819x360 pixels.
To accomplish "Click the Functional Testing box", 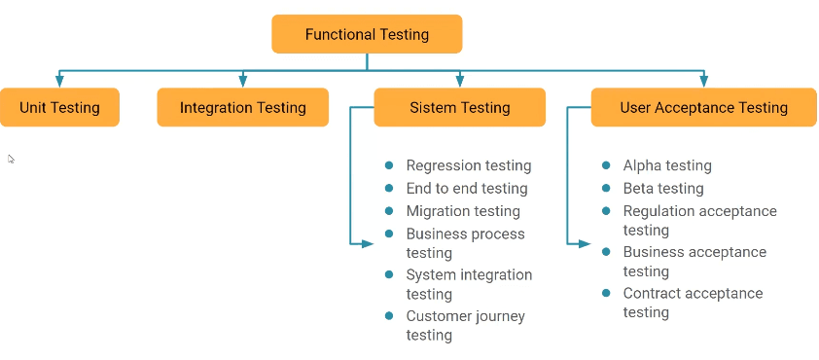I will point(367,34).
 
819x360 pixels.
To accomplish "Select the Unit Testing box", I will point(59,107).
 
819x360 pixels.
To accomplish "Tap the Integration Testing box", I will point(242,107).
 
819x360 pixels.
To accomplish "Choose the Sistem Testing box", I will point(459,107).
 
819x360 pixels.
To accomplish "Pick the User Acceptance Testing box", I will point(703,107).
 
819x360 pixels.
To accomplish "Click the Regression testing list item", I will point(468,165).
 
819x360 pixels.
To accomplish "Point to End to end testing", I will point(466,188).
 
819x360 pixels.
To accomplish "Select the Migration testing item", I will point(462,211).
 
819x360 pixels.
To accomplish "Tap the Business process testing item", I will point(465,243).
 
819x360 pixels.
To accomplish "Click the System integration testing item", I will point(469,284).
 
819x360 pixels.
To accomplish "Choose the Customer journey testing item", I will point(465,325).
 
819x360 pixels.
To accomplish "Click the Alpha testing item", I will point(666,165).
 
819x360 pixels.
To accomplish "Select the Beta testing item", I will point(662,188).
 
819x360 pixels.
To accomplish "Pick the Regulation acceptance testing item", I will point(699,220).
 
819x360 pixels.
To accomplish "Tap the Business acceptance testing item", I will point(694,261).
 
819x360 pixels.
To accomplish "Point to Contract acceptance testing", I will point(693,303).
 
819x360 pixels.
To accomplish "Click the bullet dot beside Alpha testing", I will point(607,165).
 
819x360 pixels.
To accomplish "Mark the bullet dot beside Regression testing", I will point(389,165).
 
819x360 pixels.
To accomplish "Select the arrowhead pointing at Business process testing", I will point(368,243).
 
